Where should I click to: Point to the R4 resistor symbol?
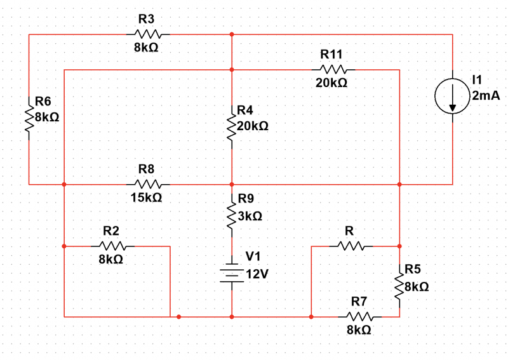(x=232, y=126)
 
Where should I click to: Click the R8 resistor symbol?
(x=149, y=184)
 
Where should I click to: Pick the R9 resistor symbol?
(x=232, y=216)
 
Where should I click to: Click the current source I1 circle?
(x=452, y=97)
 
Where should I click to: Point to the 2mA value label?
(x=486, y=96)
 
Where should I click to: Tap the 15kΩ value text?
(x=147, y=198)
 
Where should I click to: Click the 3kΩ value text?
(x=250, y=217)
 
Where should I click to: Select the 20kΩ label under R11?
(x=331, y=83)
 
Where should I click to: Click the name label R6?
(x=44, y=102)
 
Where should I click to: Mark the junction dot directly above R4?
(x=232, y=69)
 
